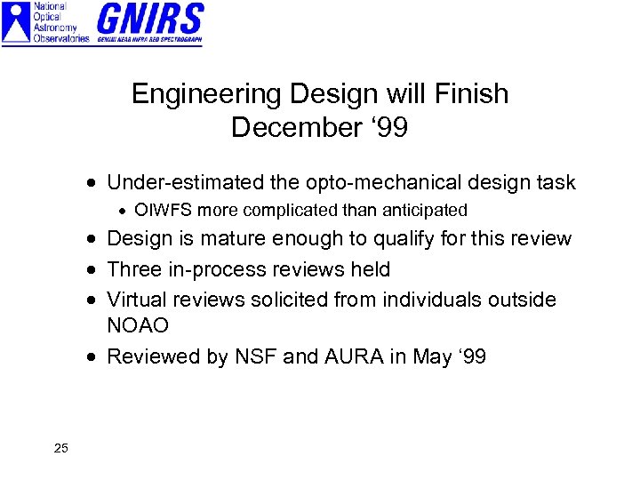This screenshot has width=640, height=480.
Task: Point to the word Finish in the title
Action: click(x=472, y=94)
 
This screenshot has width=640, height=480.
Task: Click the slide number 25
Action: click(x=60, y=448)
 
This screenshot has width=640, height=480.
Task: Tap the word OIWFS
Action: click(x=163, y=211)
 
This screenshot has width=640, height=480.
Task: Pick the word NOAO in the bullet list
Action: click(x=138, y=326)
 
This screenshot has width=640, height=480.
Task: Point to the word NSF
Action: click(x=256, y=356)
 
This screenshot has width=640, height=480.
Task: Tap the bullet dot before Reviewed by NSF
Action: click(x=93, y=357)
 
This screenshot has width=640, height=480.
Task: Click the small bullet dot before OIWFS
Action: click(x=124, y=212)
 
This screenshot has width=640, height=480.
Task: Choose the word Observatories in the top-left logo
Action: click(x=60, y=38)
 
